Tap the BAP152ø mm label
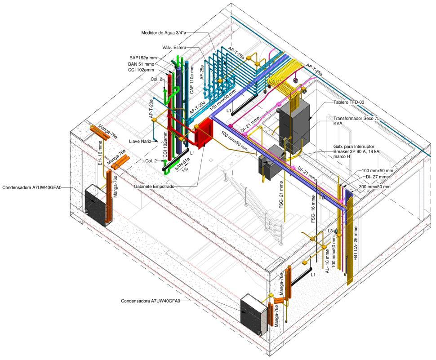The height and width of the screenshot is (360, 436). point(143,58)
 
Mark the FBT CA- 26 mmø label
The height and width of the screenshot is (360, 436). point(356,245)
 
